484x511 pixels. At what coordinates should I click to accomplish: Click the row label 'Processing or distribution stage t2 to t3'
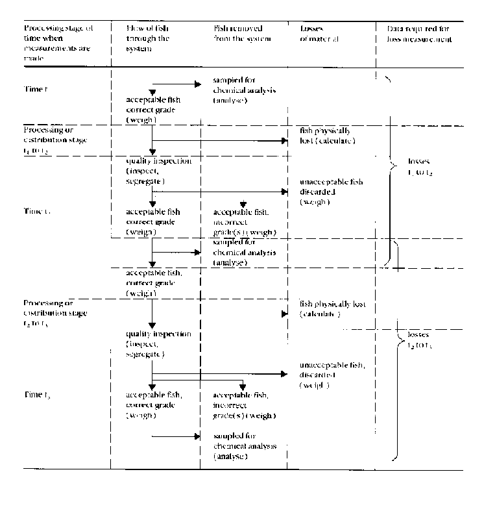click(x=55, y=314)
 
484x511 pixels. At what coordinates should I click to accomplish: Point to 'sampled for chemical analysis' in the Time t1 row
click(x=244, y=90)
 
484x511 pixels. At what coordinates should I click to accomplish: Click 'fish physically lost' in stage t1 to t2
click(x=328, y=136)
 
